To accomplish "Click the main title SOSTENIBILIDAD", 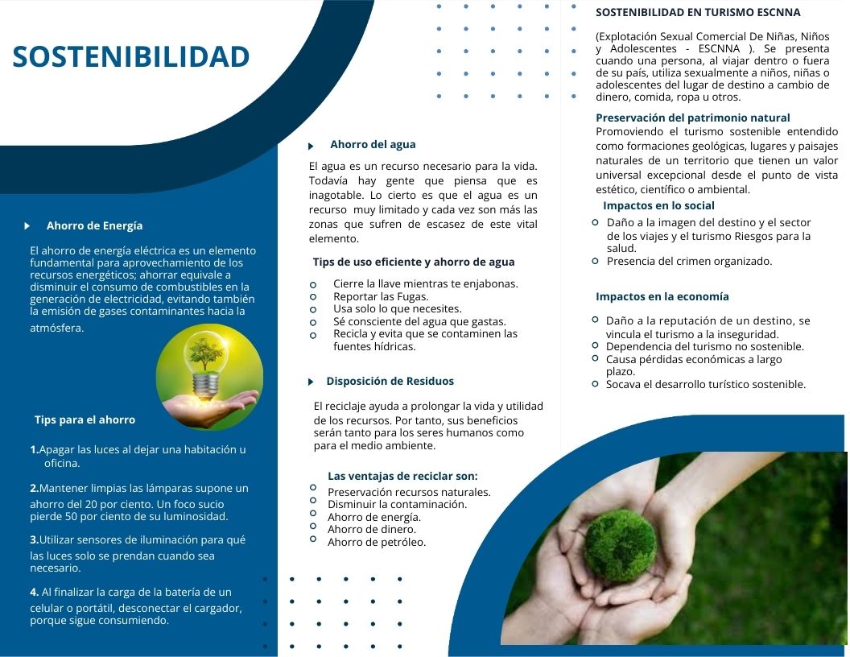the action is coord(130,57).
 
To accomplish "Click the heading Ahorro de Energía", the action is coord(94,225).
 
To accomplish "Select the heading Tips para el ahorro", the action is coord(85,419).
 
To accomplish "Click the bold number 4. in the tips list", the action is coord(34,592).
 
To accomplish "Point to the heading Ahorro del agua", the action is coord(373,144).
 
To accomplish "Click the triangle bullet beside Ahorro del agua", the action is coord(311,146).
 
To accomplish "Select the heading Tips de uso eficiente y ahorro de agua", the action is coord(414,262).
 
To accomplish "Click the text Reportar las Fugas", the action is coord(381,296).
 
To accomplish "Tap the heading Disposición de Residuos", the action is coord(390,381).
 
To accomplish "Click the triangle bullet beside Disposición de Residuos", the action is coord(311,382).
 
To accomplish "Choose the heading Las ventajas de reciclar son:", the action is coord(402,476).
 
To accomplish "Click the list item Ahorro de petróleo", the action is coord(377,542).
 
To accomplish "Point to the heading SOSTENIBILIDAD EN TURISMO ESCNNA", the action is coord(698,12).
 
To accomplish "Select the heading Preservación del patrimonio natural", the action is coord(693,118).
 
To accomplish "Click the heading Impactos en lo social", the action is coord(658,205).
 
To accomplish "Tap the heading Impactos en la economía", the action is coord(662,296).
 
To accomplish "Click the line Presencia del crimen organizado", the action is coord(689,262).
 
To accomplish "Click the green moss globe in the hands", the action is coord(620,545).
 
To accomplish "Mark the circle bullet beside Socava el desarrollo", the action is coord(595,384).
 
